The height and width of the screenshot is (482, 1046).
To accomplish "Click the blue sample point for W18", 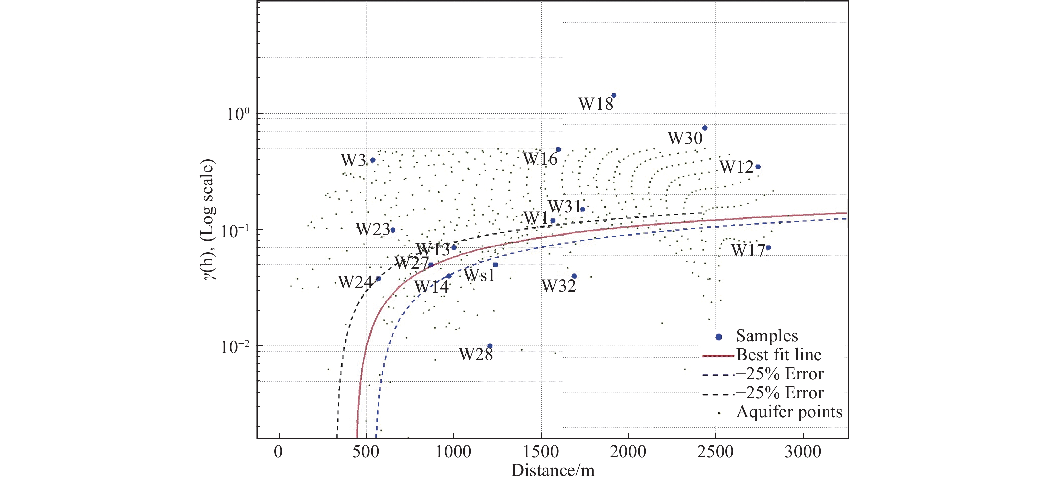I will (614, 95).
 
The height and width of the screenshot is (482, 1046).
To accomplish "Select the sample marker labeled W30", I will (705, 128).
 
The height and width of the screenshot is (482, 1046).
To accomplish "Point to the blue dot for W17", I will (768, 248).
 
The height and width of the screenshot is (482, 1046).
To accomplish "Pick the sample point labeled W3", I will (372, 160).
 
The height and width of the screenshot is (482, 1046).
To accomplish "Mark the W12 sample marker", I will (758, 167).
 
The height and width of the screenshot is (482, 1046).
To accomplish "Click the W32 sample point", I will (574, 276).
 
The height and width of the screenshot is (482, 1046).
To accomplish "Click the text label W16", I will (540, 159).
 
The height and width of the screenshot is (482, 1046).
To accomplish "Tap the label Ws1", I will (479, 276).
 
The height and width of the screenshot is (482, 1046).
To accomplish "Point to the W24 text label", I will (355, 282).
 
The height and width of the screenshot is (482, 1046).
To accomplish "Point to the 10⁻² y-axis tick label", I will (235, 347).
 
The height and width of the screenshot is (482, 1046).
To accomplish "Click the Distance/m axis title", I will (553, 471).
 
